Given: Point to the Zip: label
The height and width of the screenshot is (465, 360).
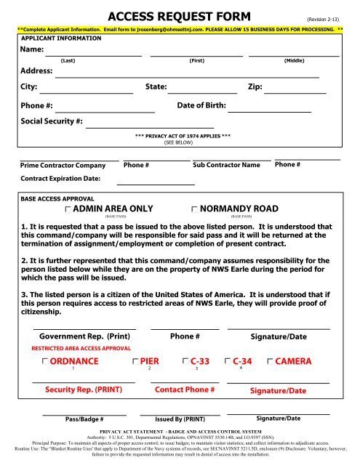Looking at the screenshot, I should pos(255,86).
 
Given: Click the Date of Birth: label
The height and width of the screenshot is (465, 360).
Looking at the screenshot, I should pos(201,106).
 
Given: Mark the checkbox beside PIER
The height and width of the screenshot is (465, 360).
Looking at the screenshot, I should pos(135,361).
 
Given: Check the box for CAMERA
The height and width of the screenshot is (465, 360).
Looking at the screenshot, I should pos(271,361).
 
